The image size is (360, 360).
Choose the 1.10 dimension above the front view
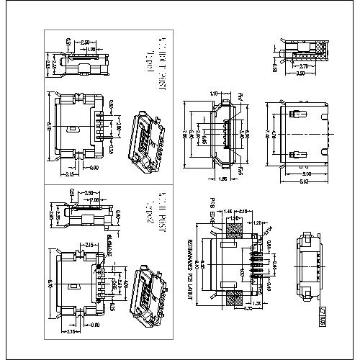[214, 94]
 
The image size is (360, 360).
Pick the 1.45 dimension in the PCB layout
[228, 210]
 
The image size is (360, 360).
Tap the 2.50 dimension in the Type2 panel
[85, 194]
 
